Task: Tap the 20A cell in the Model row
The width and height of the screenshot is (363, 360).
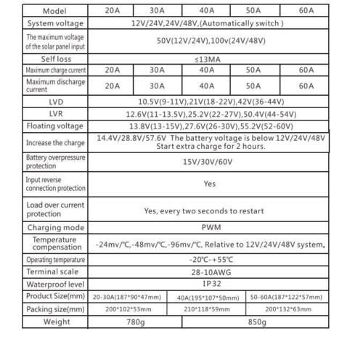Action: (112, 11)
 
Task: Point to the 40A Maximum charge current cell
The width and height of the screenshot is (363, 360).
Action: (207, 70)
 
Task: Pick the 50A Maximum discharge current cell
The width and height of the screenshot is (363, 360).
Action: (253, 85)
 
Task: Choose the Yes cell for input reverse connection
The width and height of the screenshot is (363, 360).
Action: (210, 184)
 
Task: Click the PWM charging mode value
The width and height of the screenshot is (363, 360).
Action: (210, 226)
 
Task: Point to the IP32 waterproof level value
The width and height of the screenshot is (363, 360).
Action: (210, 285)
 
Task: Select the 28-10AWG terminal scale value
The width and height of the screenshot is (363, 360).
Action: (210, 271)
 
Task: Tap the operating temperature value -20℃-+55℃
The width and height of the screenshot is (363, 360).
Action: (210, 259)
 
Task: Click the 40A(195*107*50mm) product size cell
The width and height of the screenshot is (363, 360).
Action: (208, 297)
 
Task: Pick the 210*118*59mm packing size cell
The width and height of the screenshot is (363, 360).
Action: (208, 308)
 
